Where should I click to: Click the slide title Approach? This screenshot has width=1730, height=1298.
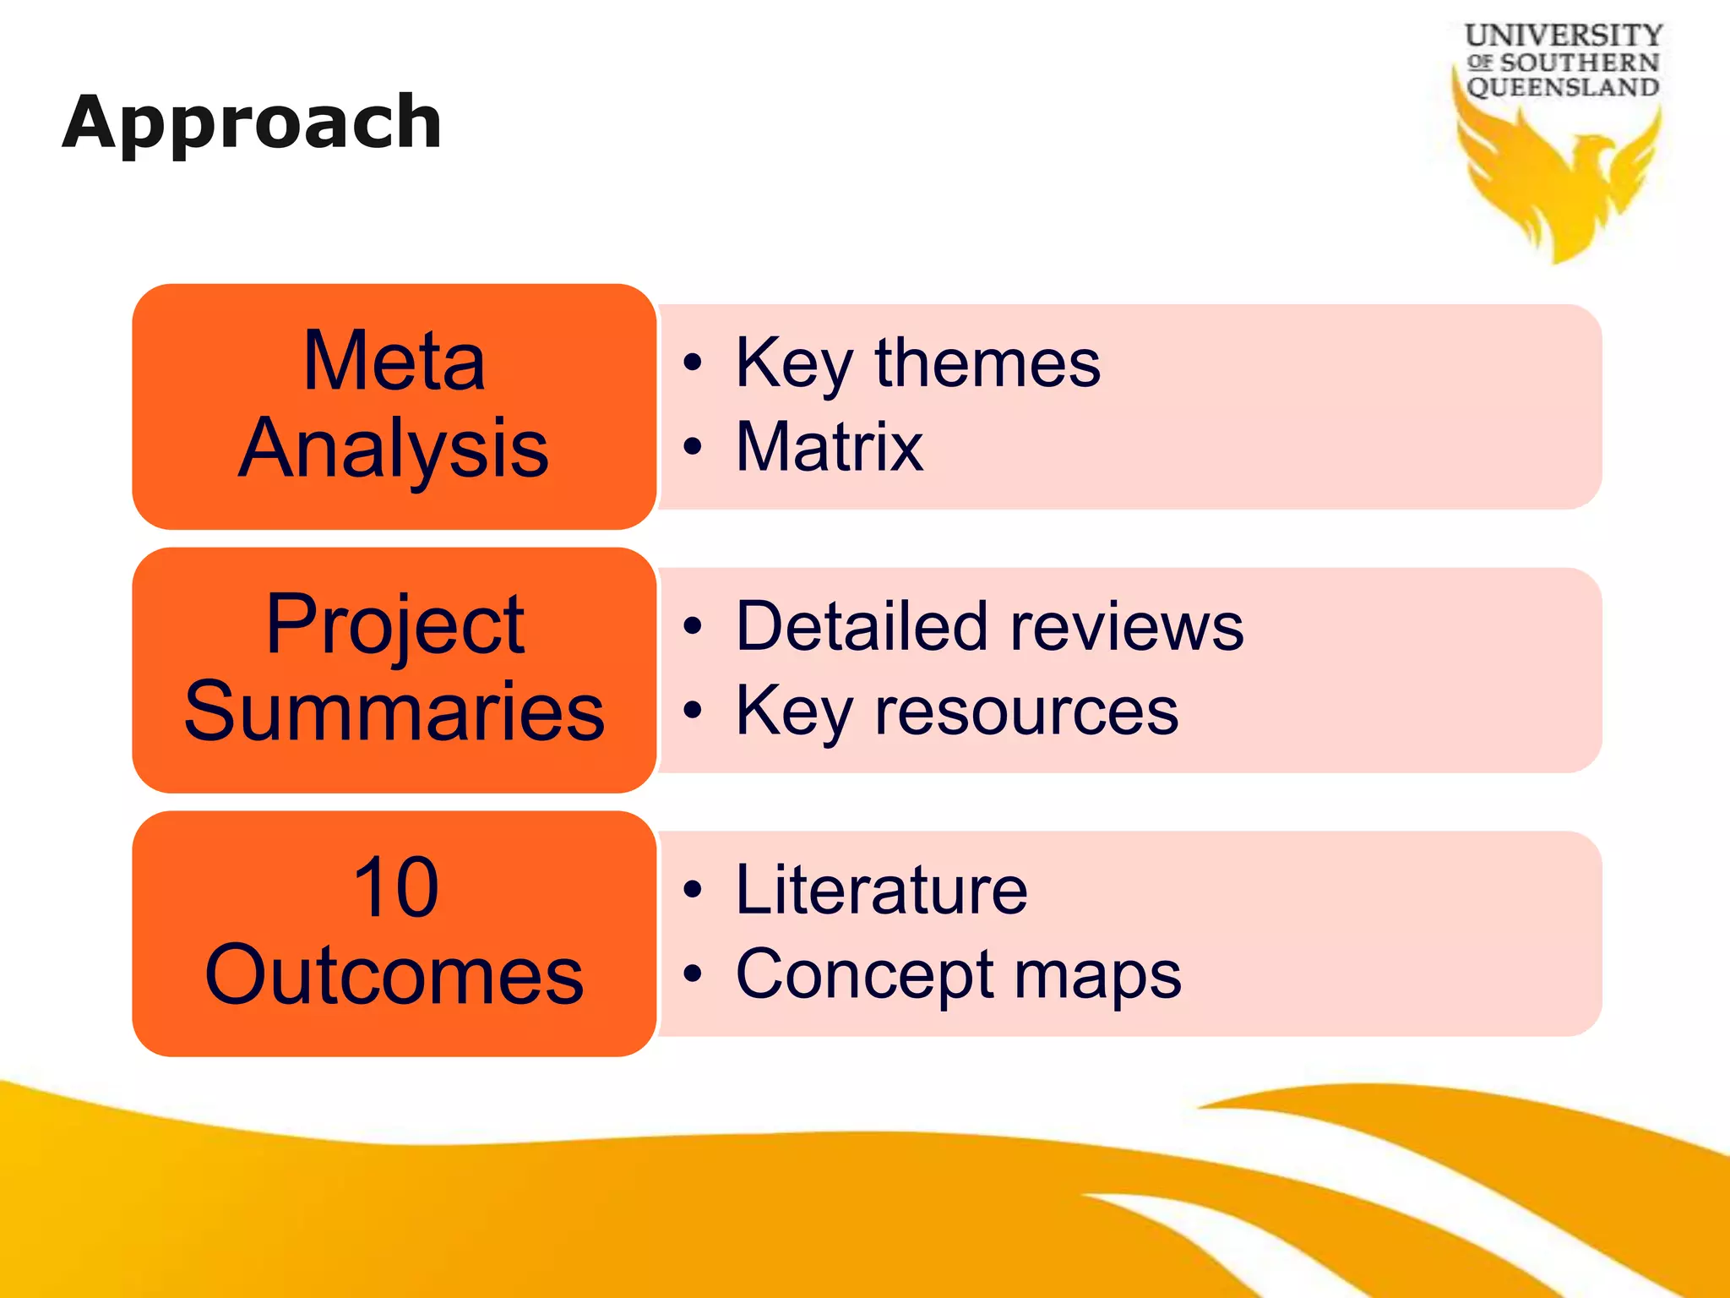point(252,123)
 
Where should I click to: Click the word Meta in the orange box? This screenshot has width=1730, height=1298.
point(394,362)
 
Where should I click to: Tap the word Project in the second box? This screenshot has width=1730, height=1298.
point(394,625)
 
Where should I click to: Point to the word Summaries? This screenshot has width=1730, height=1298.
point(394,712)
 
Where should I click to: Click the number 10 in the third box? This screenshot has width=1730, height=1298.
point(395,887)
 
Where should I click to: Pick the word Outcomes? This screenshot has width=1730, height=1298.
point(394,975)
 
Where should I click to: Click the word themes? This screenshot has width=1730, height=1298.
point(987,363)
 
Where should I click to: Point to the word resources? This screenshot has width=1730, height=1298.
point(1025,711)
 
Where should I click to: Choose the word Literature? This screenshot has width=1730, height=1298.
point(881,890)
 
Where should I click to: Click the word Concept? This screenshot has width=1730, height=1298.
point(865,974)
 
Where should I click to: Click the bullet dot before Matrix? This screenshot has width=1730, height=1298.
point(693,447)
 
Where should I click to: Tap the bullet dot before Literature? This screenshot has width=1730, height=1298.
point(693,890)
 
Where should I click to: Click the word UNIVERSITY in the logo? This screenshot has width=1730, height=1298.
point(1563,35)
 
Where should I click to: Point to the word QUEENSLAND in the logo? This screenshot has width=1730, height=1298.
point(1563,87)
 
